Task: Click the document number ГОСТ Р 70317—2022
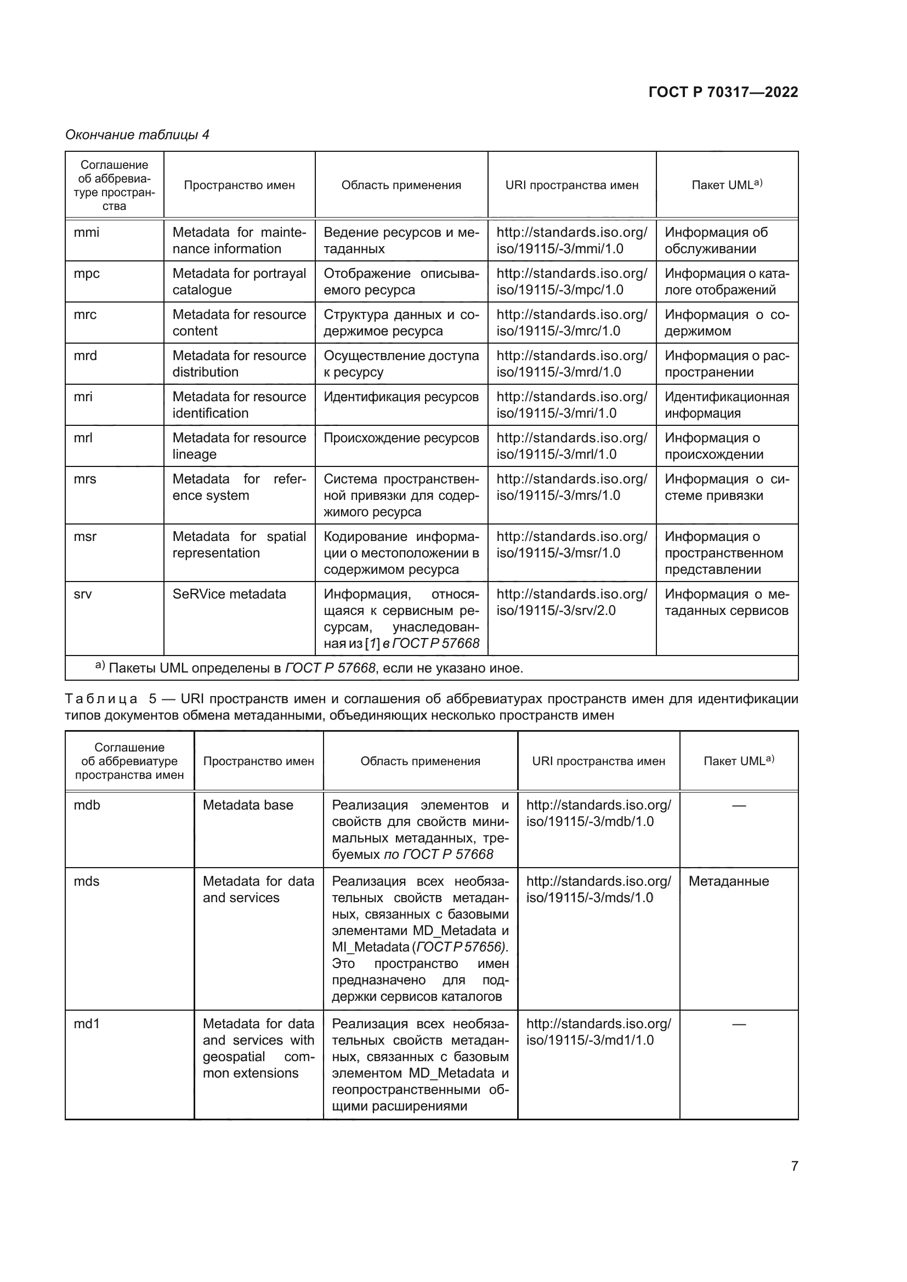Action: pyautogui.click(x=723, y=92)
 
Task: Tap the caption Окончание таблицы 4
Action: pyautogui.click(x=137, y=135)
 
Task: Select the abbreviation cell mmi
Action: pyautogui.click(x=87, y=232)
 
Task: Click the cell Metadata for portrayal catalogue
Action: pyautogui.click(x=239, y=281)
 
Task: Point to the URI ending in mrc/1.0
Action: pyautogui.click(x=571, y=323)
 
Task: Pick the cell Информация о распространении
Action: pyautogui.click(x=726, y=363)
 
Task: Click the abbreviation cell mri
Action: pyautogui.click(x=83, y=397)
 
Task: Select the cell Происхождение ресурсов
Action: pyautogui.click(x=401, y=438)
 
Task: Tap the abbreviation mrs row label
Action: pyautogui.click(x=85, y=479)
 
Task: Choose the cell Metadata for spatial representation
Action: pyautogui.click(x=239, y=544)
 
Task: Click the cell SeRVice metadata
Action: pyautogui.click(x=229, y=594)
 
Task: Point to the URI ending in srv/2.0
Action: pyautogui.click(x=571, y=602)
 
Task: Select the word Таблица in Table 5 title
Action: pyautogui.click(x=101, y=698)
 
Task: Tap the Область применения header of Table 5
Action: pyautogui.click(x=420, y=761)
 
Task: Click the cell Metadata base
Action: pyautogui.click(x=248, y=805)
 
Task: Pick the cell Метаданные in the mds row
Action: pyautogui.click(x=728, y=881)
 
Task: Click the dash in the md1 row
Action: pyautogui.click(x=738, y=1024)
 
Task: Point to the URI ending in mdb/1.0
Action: pyautogui.click(x=598, y=813)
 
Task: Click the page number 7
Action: pyautogui.click(x=794, y=1166)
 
